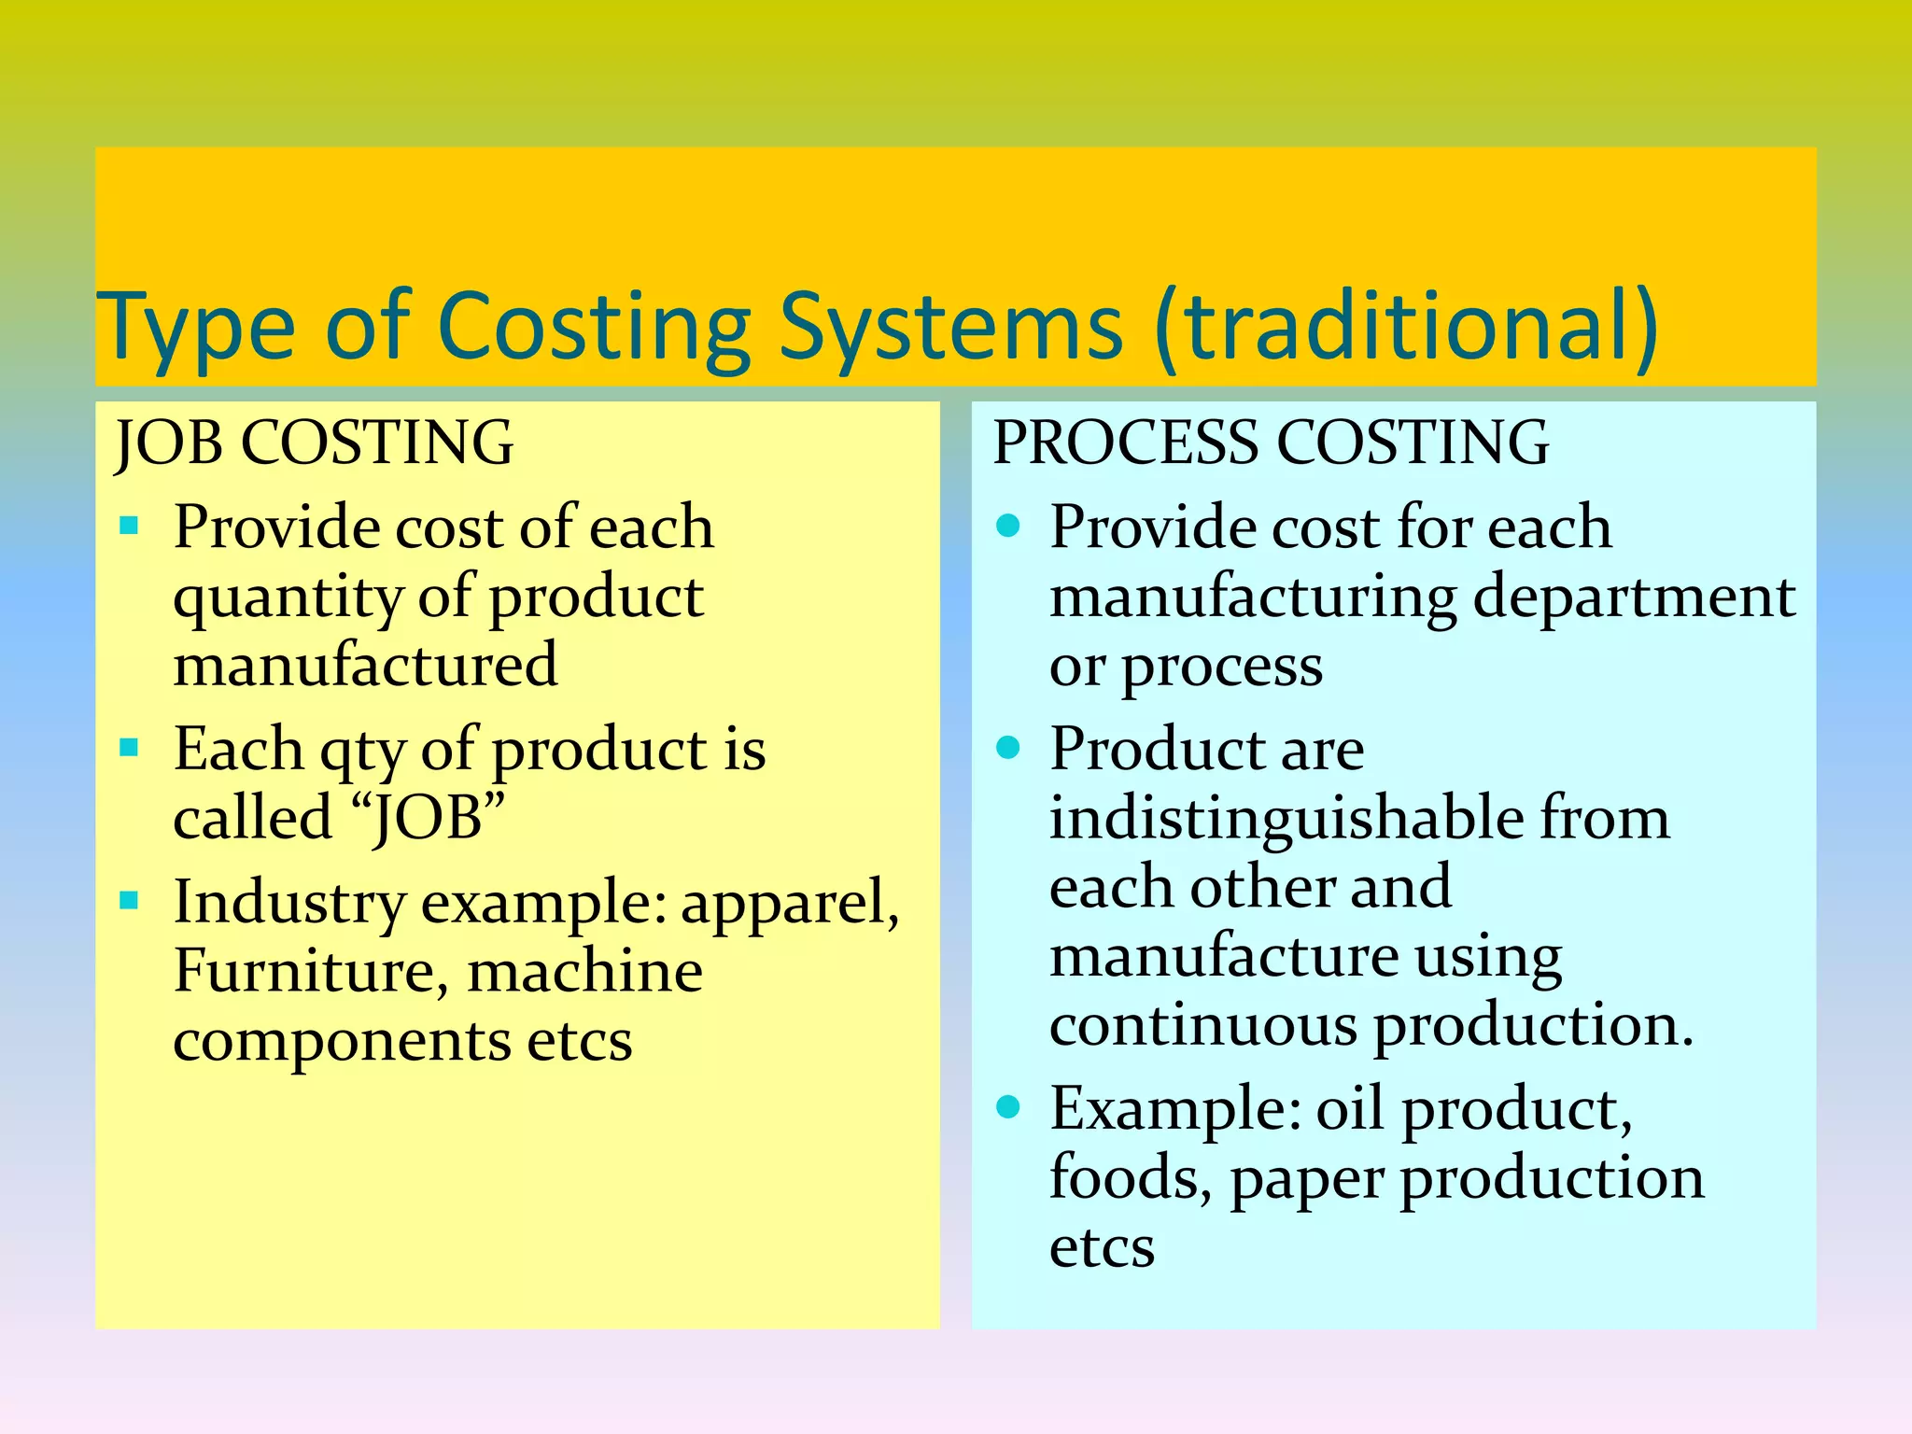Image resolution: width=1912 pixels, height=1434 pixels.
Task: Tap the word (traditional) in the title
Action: (1406, 327)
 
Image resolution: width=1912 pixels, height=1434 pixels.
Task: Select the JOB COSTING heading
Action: (314, 443)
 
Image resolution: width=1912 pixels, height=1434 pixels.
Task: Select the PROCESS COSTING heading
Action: (1271, 443)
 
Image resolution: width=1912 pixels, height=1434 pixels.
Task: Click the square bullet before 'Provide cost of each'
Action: (130, 526)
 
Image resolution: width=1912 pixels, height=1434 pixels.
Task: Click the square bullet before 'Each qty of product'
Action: (130, 747)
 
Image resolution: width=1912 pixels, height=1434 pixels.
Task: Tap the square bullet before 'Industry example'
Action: (130, 901)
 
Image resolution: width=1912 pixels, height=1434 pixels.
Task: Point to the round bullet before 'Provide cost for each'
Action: (1008, 526)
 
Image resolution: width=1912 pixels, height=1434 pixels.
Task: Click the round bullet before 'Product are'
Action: (1008, 747)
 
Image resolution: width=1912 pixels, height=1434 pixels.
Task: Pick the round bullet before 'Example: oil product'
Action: (1008, 1107)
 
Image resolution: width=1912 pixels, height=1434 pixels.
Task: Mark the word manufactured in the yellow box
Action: (366, 665)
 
